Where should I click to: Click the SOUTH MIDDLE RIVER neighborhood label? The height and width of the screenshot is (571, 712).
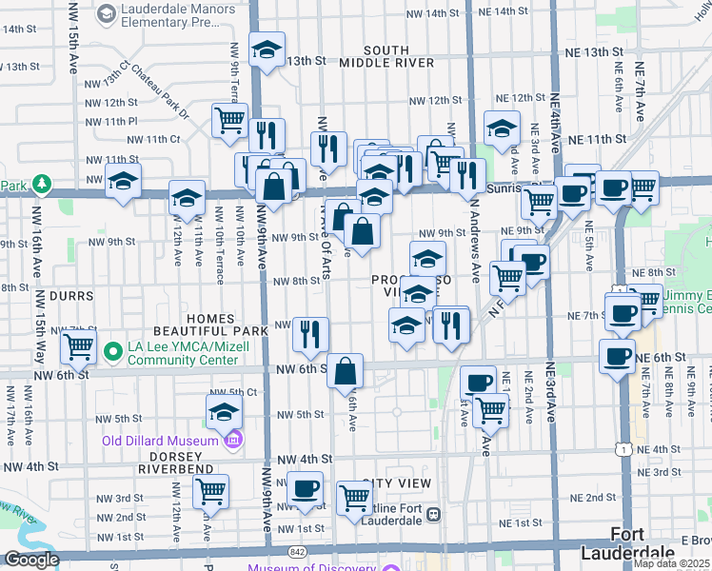point(386,56)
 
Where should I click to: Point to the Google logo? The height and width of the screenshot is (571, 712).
point(31,561)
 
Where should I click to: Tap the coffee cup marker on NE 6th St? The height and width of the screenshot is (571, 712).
point(617,355)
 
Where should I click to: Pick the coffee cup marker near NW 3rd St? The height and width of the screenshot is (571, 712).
point(305,489)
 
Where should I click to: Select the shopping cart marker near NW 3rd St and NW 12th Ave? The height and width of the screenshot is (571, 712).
point(210,492)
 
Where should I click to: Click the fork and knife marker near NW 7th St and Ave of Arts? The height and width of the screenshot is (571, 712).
point(310,334)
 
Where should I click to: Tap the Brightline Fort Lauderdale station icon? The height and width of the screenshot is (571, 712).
point(433,514)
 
